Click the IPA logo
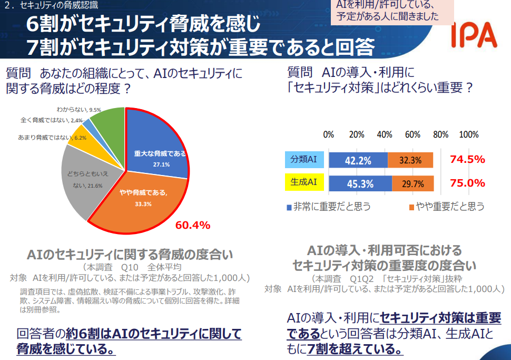coord(474,35)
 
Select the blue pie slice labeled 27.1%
coord(158,153)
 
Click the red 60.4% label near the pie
coord(193,226)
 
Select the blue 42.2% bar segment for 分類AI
coord(358,160)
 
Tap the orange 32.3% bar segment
coord(410,160)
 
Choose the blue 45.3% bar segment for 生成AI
coord(360,183)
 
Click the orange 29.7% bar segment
coord(413,183)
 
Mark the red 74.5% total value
coord(467,160)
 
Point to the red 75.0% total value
coord(467,183)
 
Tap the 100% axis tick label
coord(468,134)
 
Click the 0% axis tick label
coord(329,134)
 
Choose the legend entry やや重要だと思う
coord(446,207)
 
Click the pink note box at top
coord(392,11)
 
